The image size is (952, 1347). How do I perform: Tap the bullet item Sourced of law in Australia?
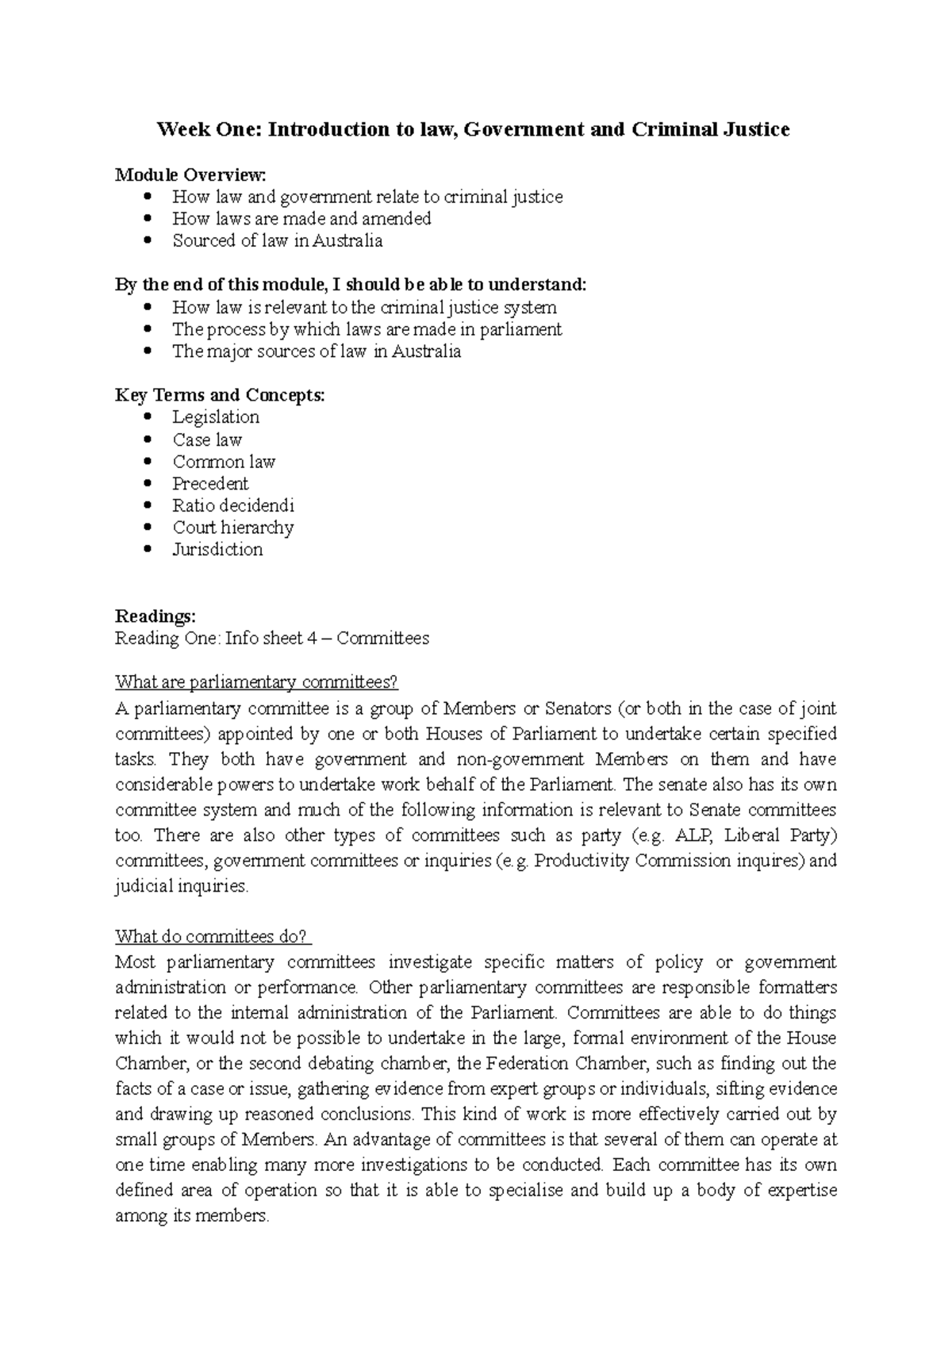277,241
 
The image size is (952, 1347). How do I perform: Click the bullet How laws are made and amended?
301,219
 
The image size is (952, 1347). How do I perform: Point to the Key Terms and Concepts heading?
220,395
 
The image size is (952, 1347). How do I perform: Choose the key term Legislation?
216,417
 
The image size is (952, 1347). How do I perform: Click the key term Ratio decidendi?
233,505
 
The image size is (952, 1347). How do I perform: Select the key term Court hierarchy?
233,528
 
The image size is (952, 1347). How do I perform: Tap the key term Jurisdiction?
217,550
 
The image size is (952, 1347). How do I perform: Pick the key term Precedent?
210,484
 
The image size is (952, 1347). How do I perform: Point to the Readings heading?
155,616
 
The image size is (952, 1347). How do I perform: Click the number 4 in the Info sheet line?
318,639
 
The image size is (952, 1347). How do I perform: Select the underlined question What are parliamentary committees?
255,682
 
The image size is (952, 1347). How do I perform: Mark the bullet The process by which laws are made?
367,329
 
